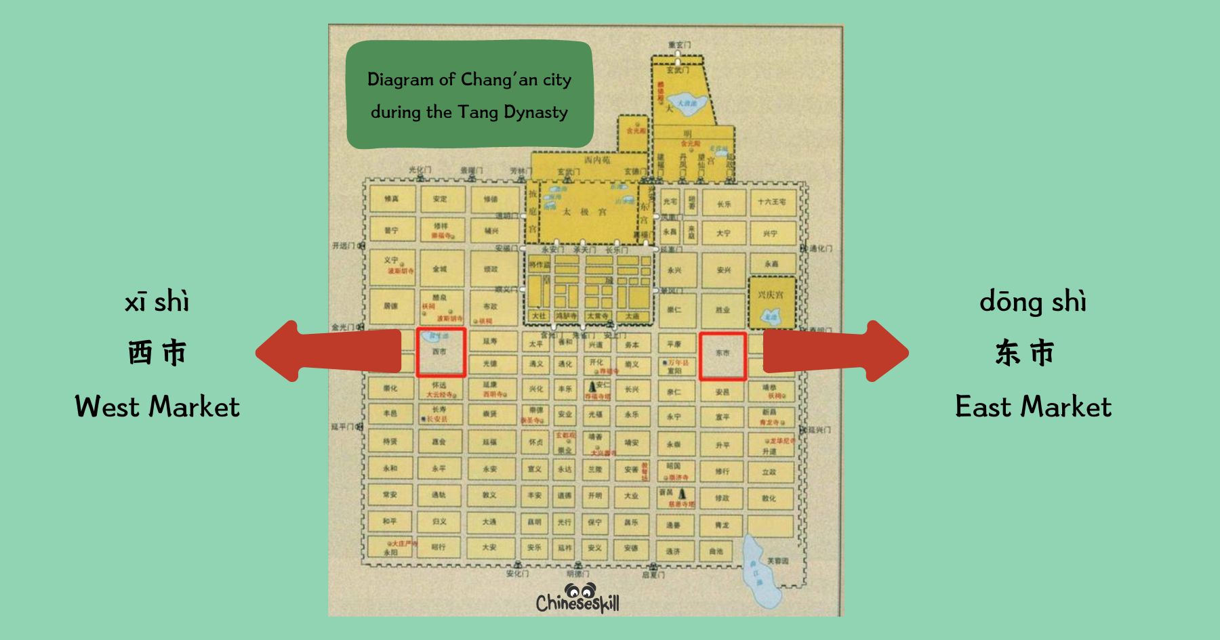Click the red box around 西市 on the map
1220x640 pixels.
pos(441,352)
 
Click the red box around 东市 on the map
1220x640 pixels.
pos(723,356)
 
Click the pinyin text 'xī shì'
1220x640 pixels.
pos(157,302)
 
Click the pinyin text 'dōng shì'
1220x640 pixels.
pos(1032,302)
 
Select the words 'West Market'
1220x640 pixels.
pos(157,406)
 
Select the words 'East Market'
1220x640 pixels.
pos(1033,406)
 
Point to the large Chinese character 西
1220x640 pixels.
pos(140,353)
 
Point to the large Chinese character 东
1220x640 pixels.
pos(1008,353)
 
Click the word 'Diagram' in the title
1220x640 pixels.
pos(400,80)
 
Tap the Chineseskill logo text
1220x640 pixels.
pos(577,602)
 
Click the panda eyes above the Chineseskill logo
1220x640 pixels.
pos(580,589)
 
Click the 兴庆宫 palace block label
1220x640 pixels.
pos(771,295)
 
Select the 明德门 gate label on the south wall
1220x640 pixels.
pos(577,574)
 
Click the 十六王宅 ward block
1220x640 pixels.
pos(772,202)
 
